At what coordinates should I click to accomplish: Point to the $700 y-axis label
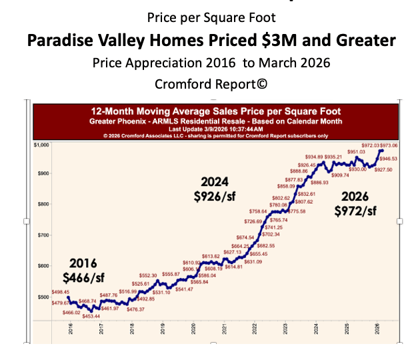tap(43, 235)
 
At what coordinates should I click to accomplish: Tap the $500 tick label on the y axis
tap(43, 297)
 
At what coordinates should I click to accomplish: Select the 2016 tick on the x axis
tap(71, 329)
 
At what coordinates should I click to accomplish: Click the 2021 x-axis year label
tap(224, 329)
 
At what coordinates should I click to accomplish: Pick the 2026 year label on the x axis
tap(377, 329)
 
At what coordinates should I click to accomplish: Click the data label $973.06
tap(390, 146)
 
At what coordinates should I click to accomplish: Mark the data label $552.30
tap(148, 275)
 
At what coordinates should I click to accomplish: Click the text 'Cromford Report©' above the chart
tap(210, 85)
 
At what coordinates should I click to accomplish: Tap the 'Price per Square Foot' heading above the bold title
tap(210, 17)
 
